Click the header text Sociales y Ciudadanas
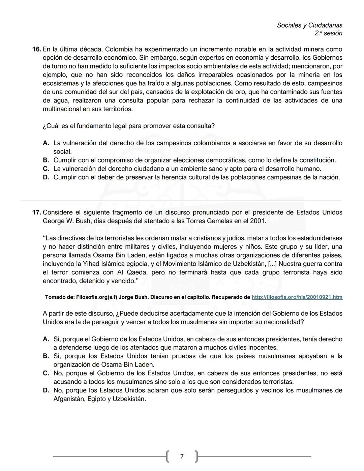click(x=309, y=25)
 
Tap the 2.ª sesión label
click(x=328, y=33)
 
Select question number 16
click(x=36, y=49)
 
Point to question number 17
click(x=36, y=212)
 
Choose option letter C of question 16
click(x=46, y=169)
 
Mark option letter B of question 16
click(x=46, y=160)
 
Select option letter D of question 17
click(x=46, y=390)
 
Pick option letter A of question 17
click(x=46, y=339)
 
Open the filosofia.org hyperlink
click(x=297, y=297)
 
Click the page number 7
click(x=182, y=456)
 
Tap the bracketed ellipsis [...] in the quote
click(x=272, y=264)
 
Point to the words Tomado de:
click(x=60, y=297)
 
